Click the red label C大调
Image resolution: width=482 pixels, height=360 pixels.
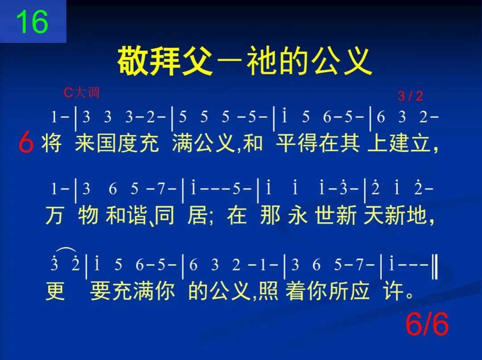[x=81, y=92]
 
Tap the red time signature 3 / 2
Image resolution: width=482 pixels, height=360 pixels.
[x=410, y=96]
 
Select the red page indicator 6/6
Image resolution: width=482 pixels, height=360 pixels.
[x=427, y=324]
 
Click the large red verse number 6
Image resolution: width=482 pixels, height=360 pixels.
[x=26, y=144]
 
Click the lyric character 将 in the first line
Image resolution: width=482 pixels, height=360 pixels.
[x=52, y=143]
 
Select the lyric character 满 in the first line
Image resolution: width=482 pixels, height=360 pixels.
[x=182, y=143]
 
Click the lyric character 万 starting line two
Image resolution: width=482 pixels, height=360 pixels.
[x=54, y=216]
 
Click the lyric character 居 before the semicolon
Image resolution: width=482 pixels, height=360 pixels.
[x=197, y=216]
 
